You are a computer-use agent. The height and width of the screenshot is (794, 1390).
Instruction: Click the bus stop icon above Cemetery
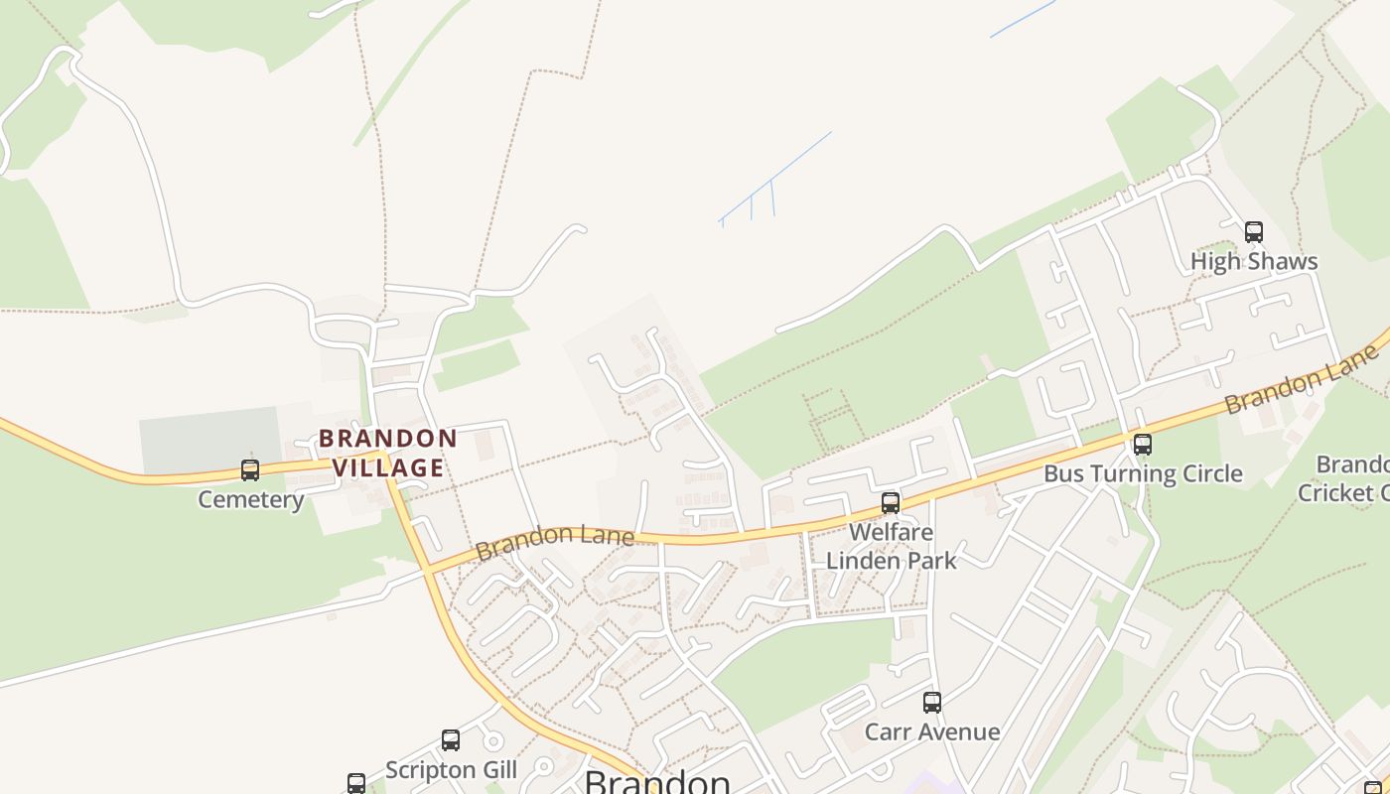point(250,469)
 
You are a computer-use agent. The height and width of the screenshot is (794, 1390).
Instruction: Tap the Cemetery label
point(250,499)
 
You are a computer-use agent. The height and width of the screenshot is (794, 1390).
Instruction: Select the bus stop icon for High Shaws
point(1254,232)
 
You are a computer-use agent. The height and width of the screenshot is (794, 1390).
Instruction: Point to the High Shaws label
point(1254,262)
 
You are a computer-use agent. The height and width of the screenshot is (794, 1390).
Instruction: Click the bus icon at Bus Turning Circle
point(1143,444)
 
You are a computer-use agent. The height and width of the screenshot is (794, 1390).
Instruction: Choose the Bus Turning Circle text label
point(1143,473)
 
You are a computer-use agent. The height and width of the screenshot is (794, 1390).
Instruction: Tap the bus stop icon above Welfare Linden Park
point(891,503)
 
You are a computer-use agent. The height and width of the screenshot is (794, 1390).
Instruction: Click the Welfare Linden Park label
point(892,546)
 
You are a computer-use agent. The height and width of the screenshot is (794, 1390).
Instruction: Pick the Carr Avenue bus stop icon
point(932,703)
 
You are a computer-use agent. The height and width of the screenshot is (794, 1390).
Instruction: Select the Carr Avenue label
point(932,732)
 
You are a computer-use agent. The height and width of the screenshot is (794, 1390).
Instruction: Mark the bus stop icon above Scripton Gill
point(451,740)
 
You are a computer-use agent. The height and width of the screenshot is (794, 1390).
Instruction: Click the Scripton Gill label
point(451,770)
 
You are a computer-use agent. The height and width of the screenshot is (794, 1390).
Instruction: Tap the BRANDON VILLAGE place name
point(388,453)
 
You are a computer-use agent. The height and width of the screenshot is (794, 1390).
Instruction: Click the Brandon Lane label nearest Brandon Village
point(554,541)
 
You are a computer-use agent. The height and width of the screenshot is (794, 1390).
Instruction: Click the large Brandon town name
point(656,781)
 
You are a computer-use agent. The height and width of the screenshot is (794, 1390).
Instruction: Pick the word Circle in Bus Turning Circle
point(1205,473)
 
